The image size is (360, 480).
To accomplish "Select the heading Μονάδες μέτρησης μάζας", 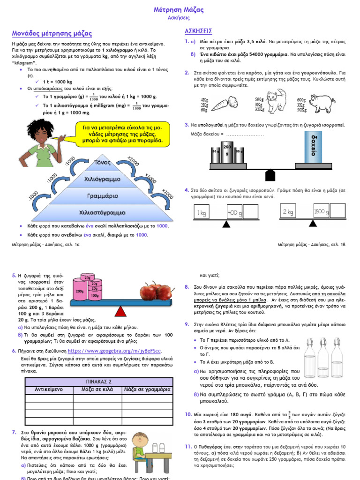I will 52,34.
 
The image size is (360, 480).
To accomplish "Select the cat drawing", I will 276,101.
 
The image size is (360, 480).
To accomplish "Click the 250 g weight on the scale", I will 227,150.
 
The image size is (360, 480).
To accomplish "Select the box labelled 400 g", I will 233,213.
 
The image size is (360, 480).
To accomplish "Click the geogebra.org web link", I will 115,351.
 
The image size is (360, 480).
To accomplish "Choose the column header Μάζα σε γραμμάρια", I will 147,390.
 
